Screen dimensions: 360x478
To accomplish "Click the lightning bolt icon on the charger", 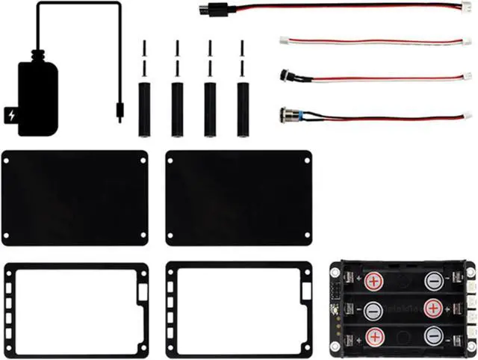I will pos(12,116).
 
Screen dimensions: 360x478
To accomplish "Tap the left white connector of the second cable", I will pos(284,40).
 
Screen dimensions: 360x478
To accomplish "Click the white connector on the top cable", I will pos(465,7).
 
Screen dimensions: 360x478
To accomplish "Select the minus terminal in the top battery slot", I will pos(434,282).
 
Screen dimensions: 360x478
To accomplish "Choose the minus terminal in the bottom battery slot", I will pos(434,335).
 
